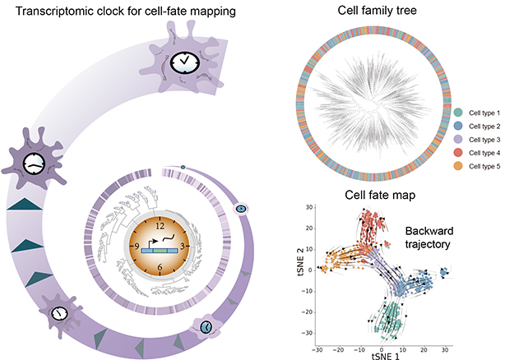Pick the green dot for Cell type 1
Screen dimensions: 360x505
pyautogui.click(x=458, y=113)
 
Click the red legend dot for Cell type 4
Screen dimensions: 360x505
pyautogui.click(x=458, y=153)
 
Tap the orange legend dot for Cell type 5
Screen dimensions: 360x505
pyautogui.click(x=458, y=166)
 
